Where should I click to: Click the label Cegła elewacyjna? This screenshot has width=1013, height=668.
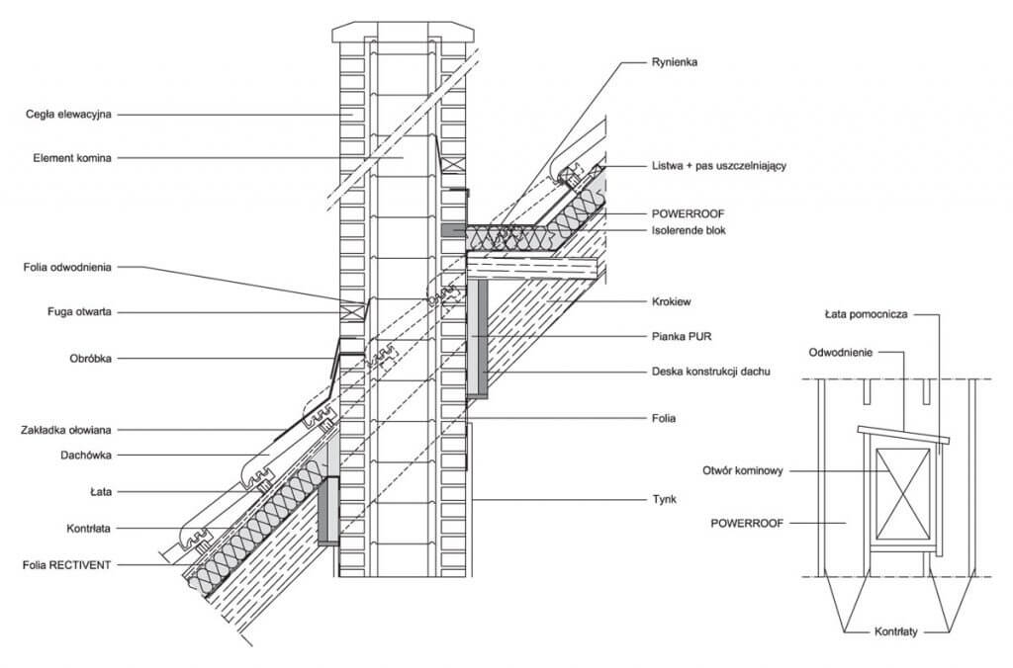click(x=68, y=115)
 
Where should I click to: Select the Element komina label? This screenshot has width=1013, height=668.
click(x=72, y=158)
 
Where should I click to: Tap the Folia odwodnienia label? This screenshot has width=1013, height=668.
click(x=68, y=267)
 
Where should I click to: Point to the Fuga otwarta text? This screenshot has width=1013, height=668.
click(x=79, y=311)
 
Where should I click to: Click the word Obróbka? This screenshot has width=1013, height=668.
click(x=90, y=359)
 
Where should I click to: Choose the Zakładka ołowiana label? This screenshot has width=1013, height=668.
click(x=66, y=430)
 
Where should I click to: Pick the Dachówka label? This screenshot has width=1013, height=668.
click(x=86, y=455)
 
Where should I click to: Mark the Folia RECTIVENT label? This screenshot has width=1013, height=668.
click(x=67, y=565)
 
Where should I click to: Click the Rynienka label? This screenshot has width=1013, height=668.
click(x=675, y=62)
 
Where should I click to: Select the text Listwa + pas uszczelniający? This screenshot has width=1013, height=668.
click(x=719, y=166)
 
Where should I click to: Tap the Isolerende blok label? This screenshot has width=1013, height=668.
click(x=689, y=230)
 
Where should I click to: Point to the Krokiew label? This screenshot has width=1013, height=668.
click(x=672, y=301)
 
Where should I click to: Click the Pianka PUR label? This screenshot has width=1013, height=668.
click(x=682, y=336)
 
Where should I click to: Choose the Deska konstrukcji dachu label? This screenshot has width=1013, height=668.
click(x=710, y=372)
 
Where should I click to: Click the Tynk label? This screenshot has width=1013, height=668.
click(x=664, y=500)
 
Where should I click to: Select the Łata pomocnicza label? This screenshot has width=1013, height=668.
click(x=867, y=315)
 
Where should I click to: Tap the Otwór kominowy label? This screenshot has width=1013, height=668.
click(x=743, y=470)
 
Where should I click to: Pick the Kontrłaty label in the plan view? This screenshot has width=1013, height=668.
click(x=896, y=631)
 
